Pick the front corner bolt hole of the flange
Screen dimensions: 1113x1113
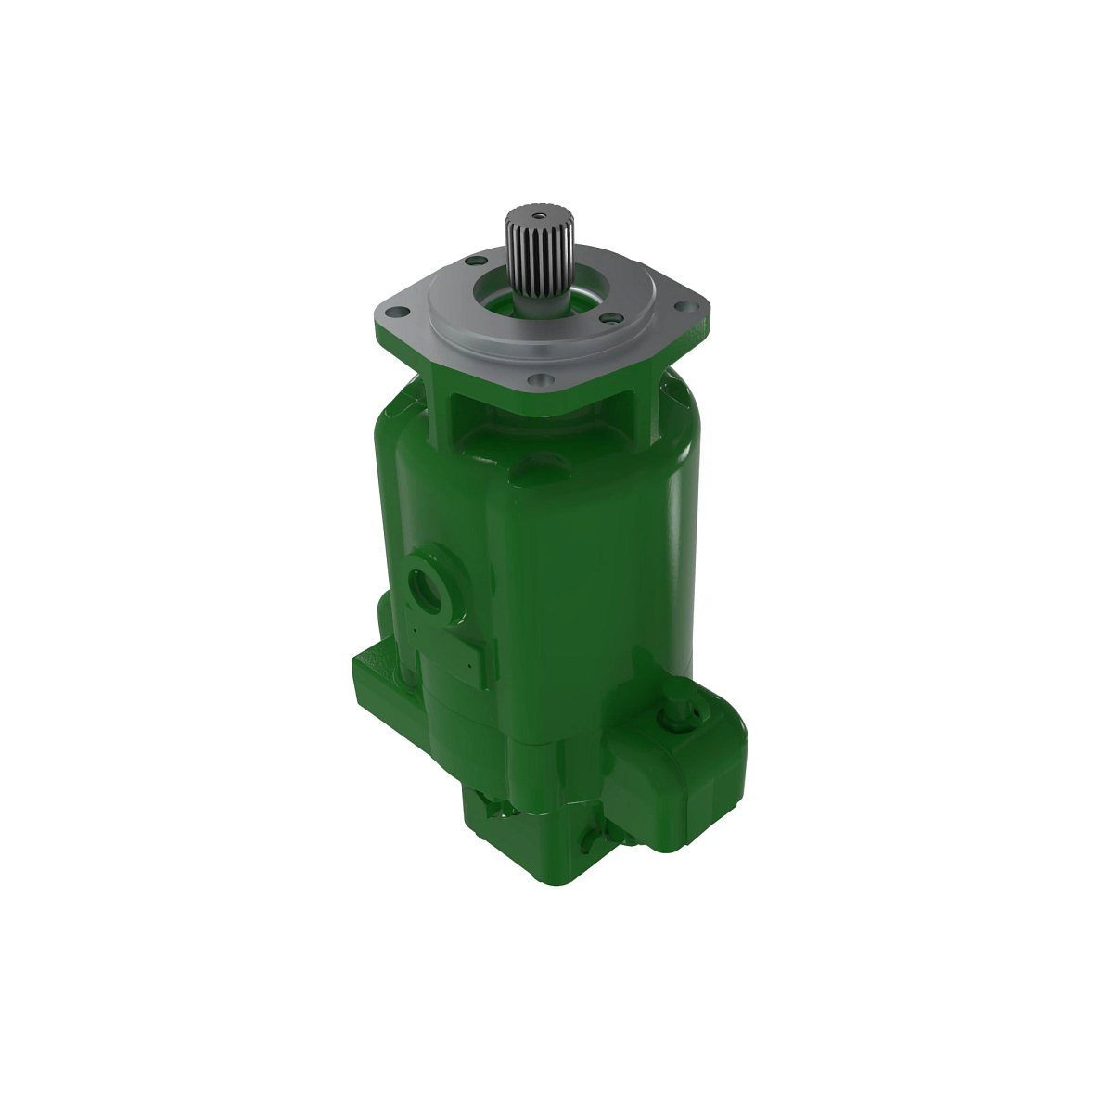pos(536,379)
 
